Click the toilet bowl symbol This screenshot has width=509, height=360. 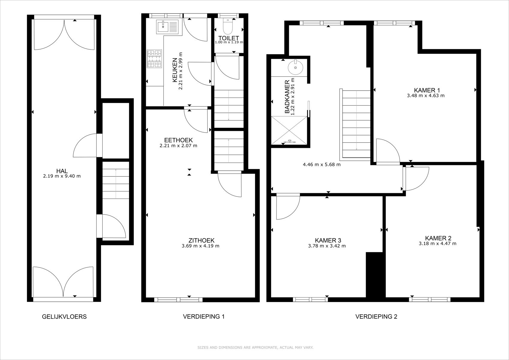click(x=228, y=26)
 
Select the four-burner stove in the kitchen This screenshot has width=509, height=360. click(x=154, y=58)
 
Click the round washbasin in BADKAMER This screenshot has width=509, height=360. click(x=295, y=67)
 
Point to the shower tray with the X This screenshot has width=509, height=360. click(x=289, y=130)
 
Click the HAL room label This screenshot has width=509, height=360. click(x=62, y=171)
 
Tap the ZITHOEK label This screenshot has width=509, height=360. click(x=201, y=240)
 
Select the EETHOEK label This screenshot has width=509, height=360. click(x=178, y=140)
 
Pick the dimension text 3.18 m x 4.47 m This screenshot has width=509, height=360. click(x=438, y=243)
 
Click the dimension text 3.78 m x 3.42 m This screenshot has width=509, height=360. click(x=327, y=246)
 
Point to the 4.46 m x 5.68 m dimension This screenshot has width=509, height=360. click(x=322, y=164)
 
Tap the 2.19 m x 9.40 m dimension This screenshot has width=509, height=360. click(x=62, y=176)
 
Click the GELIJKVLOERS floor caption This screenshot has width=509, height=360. click(x=64, y=316)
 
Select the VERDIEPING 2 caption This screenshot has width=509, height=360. click(x=376, y=316)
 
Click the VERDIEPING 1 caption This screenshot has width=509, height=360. click(x=204, y=316)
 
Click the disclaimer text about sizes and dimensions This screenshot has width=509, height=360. click(x=256, y=347)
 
